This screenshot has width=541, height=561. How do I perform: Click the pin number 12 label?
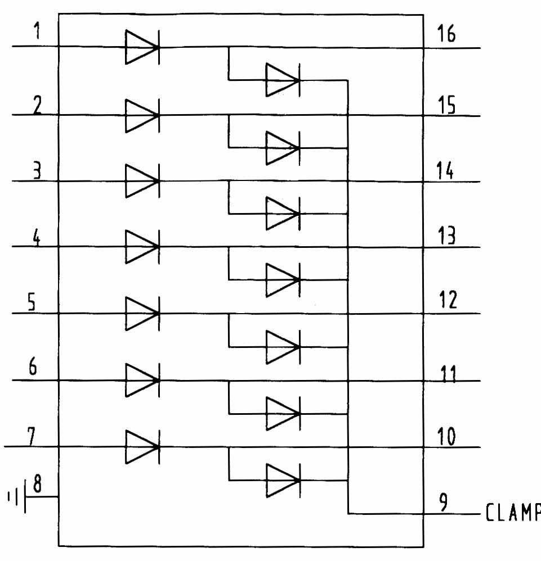point(447,301)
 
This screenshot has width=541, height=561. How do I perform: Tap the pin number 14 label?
point(447,169)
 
